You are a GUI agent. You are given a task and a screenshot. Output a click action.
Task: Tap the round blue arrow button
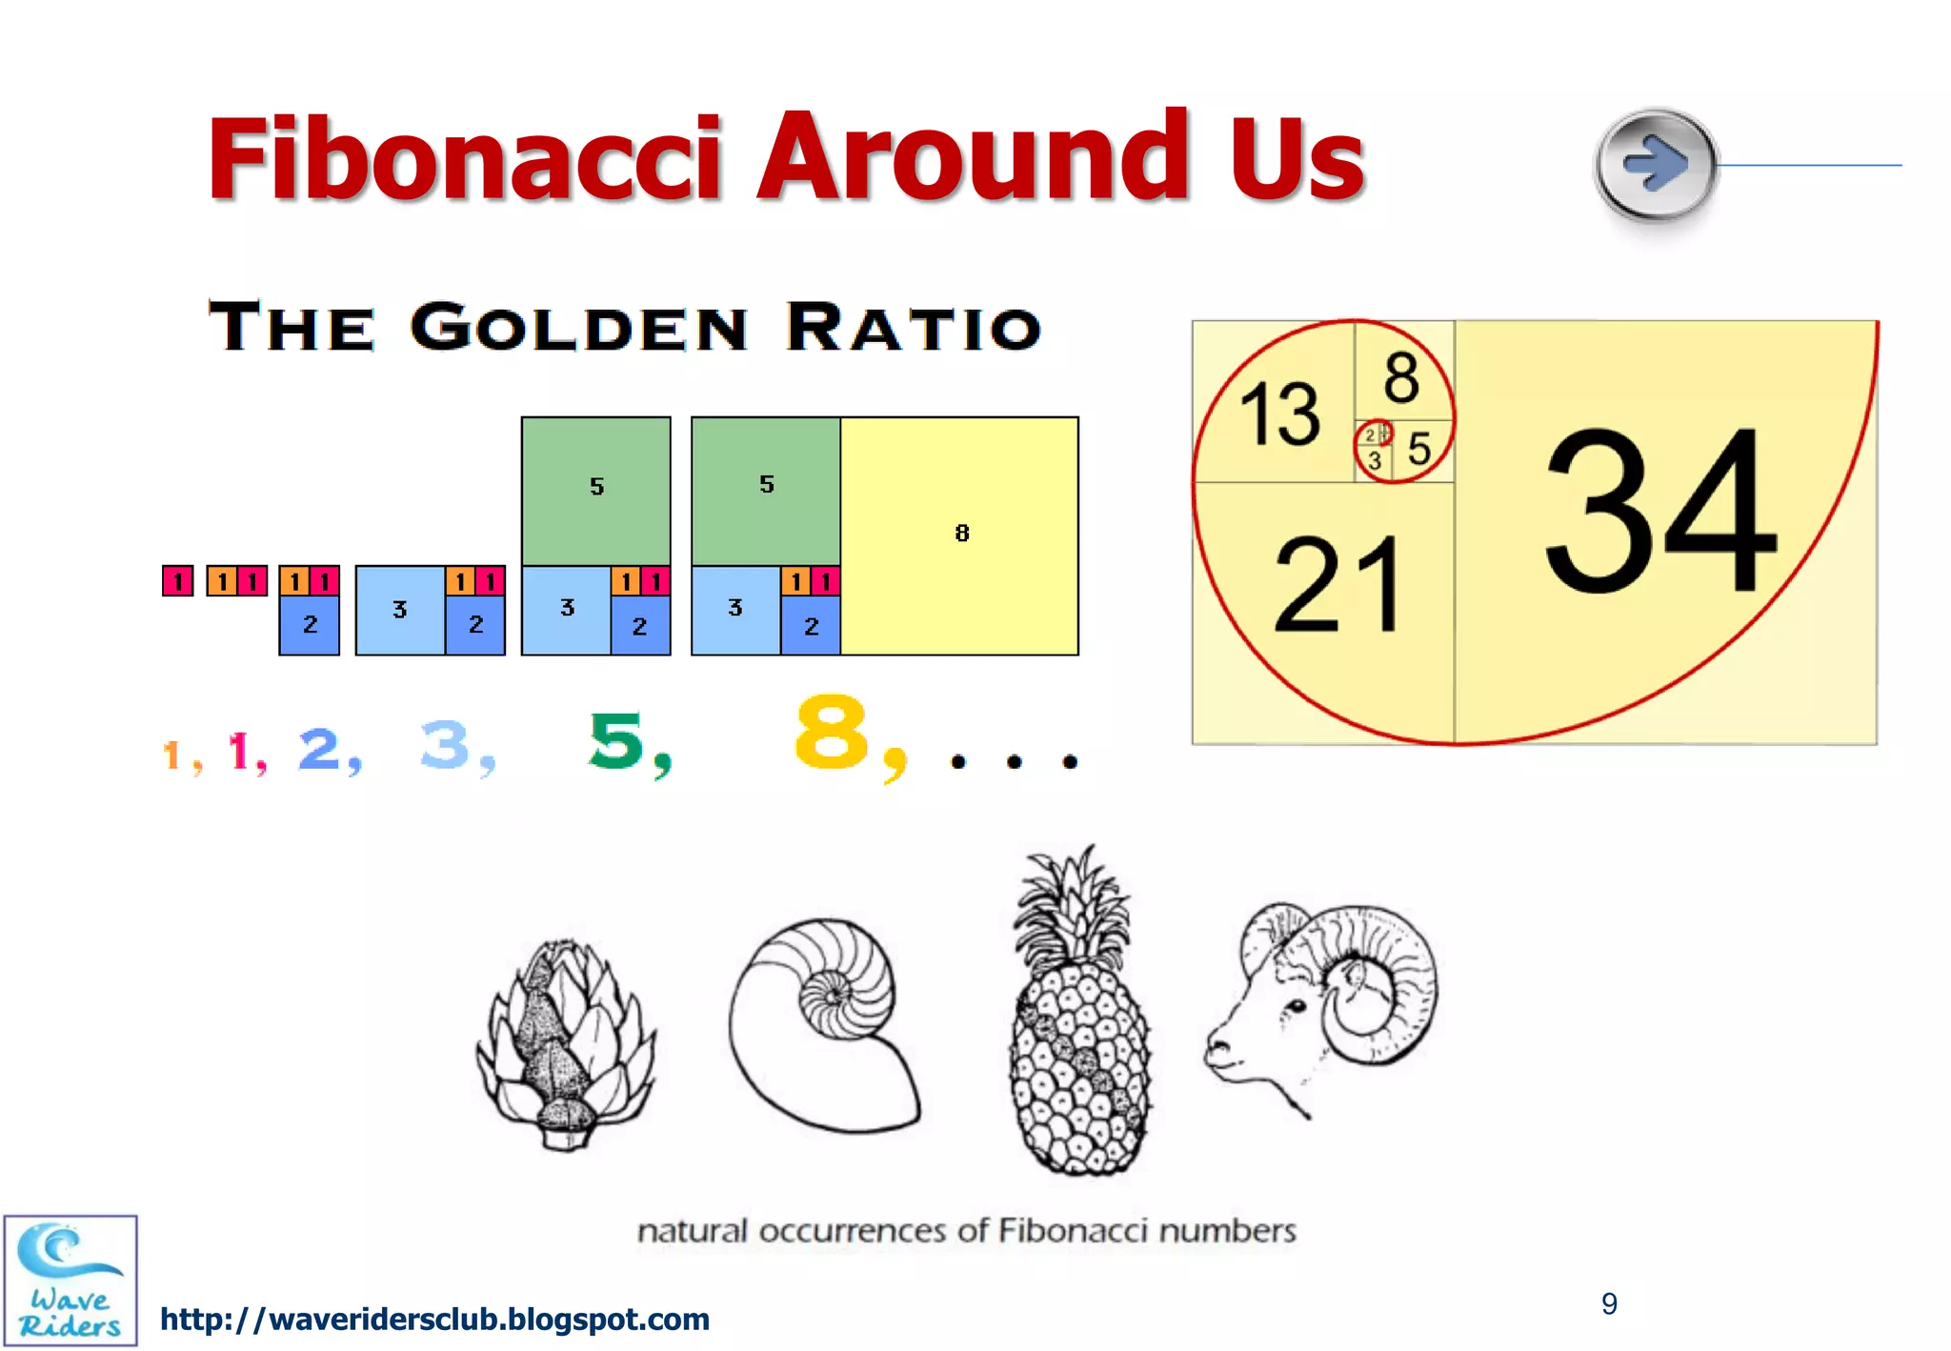click(x=1656, y=164)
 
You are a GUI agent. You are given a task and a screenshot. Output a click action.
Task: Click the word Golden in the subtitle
click(x=578, y=328)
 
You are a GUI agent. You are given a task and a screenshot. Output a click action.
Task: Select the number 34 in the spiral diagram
click(x=1659, y=511)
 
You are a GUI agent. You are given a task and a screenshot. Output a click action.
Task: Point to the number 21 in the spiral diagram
click(x=1338, y=584)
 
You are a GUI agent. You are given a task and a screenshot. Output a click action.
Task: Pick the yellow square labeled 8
click(x=960, y=534)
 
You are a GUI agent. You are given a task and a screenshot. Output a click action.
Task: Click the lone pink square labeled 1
click(x=178, y=580)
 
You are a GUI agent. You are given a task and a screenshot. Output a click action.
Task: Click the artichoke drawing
click(x=567, y=1044)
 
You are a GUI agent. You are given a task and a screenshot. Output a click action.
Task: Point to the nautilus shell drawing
click(x=824, y=1024)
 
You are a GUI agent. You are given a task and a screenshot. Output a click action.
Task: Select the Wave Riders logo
click(x=70, y=1280)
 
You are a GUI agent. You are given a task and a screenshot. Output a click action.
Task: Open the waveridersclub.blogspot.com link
click(x=434, y=1320)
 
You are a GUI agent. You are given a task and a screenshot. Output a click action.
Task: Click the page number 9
click(x=1609, y=1303)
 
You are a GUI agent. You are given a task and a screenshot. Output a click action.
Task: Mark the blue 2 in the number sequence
click(x=320, y=749)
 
